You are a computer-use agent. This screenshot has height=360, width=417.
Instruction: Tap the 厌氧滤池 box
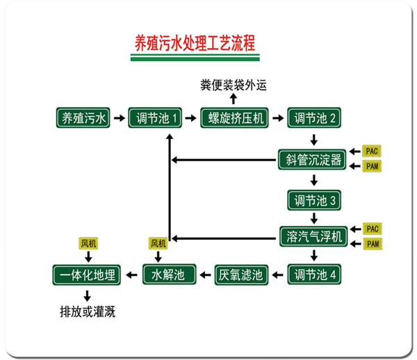click(240, 275)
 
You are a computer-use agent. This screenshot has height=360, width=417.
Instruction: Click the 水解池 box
click(169, 275)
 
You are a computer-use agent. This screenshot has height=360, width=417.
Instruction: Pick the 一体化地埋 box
click(88, 275)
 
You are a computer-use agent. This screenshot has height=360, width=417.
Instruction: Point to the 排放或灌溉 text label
click(88, 311)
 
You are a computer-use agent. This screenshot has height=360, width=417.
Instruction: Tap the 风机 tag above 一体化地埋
click(88, 243)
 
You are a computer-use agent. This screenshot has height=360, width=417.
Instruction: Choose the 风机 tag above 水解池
click(158, 243)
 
